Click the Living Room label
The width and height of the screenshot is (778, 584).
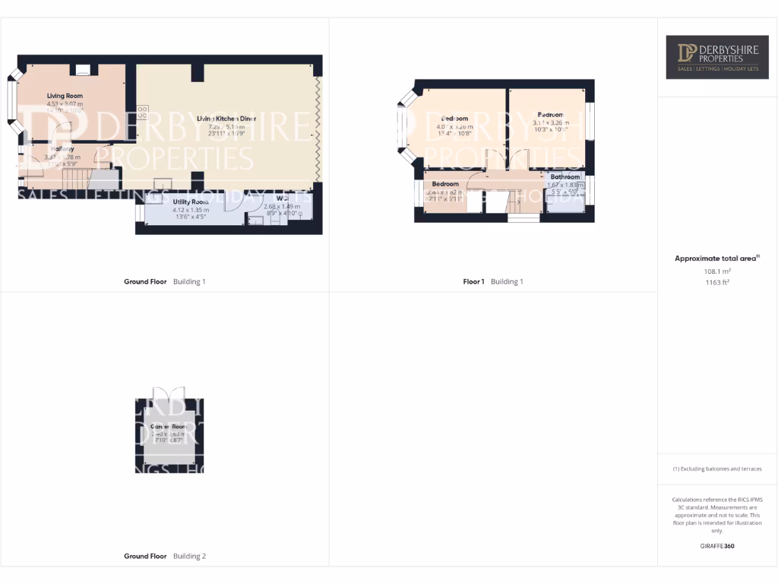coord(65,96)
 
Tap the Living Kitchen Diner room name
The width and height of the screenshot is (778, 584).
coord(226,119)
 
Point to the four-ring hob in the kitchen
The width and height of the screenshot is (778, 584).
coord(142,111)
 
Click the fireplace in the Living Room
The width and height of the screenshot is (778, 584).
coord(82,70)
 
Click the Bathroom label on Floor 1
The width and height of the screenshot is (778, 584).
coord(565,176)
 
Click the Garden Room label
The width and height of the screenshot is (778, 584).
coord(169,427)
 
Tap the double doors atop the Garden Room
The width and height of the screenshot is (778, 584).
coord(169,393)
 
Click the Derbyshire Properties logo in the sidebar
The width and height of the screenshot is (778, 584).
coord(717,57)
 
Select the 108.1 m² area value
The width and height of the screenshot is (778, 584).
coord(717,271)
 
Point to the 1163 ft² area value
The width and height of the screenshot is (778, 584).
coord(717,282)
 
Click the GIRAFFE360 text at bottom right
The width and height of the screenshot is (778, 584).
coord(717,546)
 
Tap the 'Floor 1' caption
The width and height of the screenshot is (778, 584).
coord(473,281)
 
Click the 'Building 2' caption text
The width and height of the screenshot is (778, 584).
coord(189,556)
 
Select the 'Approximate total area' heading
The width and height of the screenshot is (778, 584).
coord(715,259)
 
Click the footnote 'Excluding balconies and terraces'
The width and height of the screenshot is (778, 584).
coord(717,468)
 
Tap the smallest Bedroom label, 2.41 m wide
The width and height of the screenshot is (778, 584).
coord(445,184)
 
